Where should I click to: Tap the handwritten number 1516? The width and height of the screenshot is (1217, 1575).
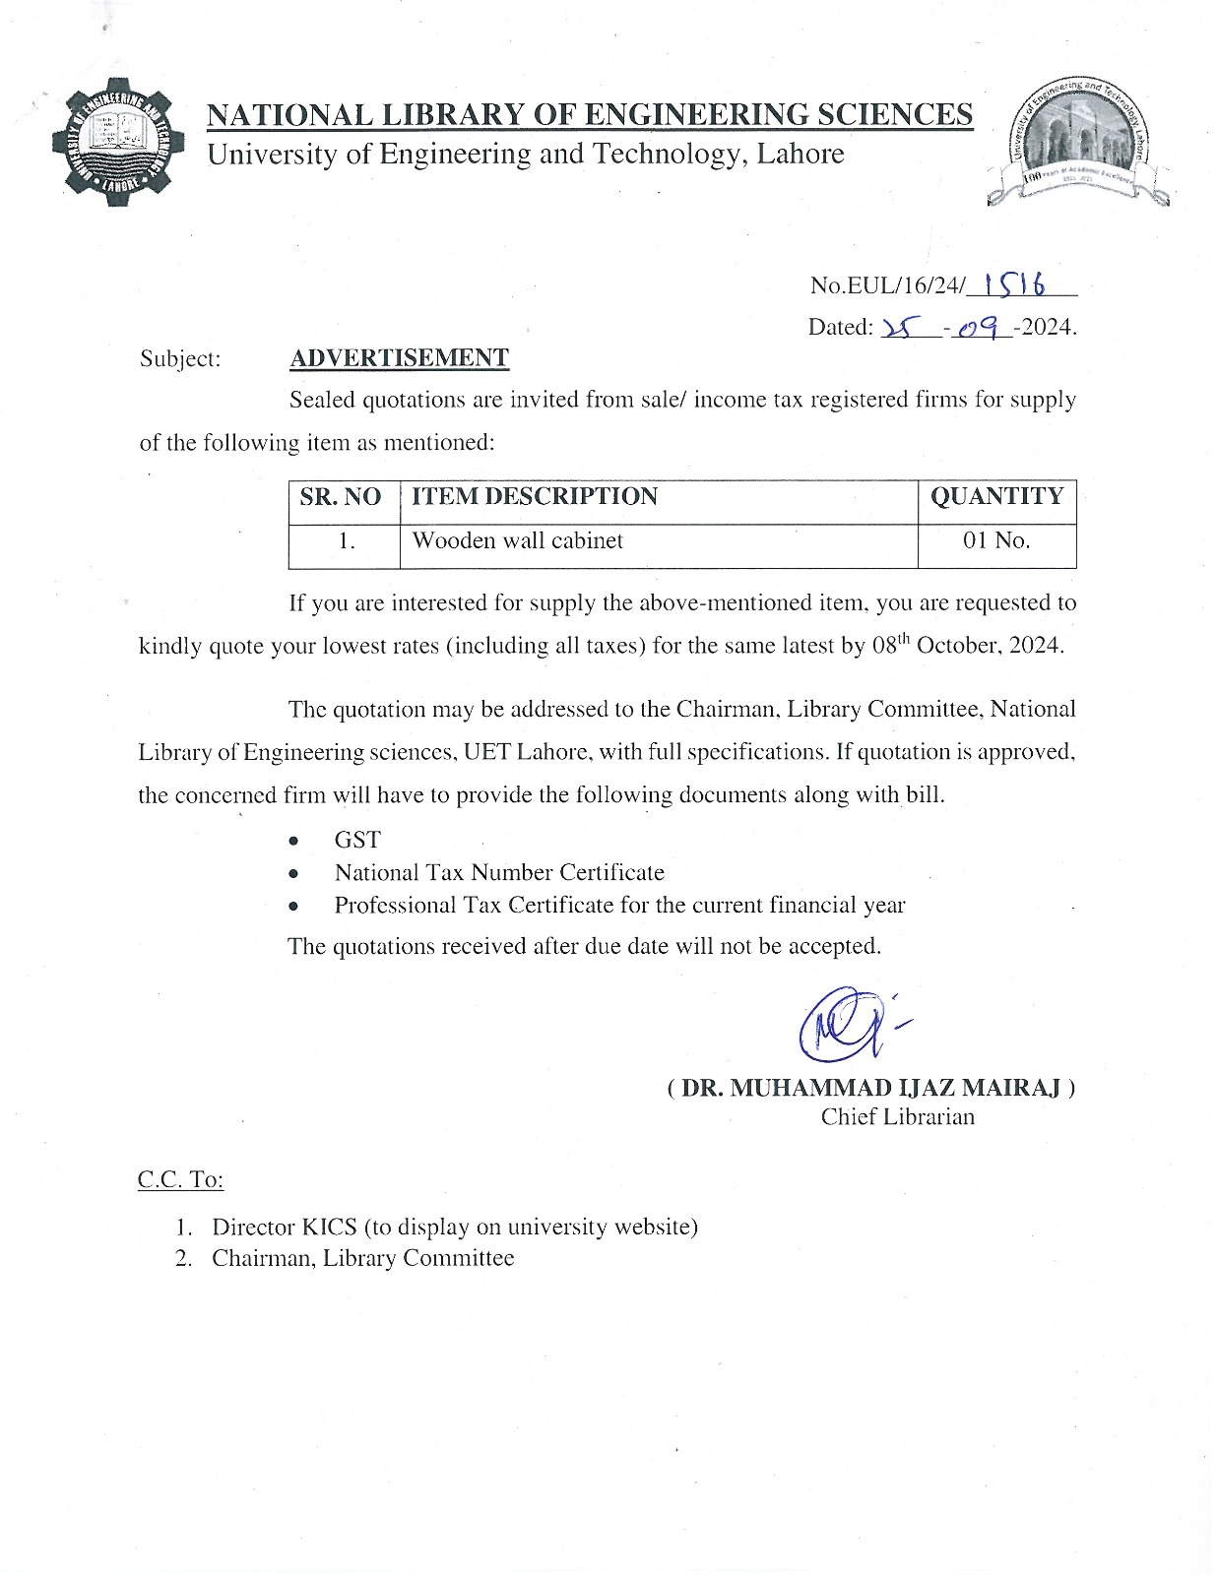pos(1019,283)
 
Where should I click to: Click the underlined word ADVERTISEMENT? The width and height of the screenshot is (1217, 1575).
pos(399,357)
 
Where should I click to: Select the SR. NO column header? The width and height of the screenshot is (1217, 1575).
pos(341,496)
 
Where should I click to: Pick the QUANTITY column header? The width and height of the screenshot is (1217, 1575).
pos(996,496)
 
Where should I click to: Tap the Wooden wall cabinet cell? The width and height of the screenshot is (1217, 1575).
pos(517,540)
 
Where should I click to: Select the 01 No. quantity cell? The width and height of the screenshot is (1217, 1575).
pos(996,540)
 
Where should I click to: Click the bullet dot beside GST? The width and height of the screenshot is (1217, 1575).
pos(293,842)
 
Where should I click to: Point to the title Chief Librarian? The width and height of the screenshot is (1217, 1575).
pos(897,1116)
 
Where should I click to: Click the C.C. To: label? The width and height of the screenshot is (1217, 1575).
pos(180,1179)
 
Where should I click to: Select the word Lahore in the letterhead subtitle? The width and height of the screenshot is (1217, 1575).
pos(800,154)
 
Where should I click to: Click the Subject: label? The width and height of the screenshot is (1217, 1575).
pos(180,358)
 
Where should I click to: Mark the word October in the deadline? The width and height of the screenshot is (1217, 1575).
pos(955,646)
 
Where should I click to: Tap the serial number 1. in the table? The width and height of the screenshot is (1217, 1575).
pos(346,540)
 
